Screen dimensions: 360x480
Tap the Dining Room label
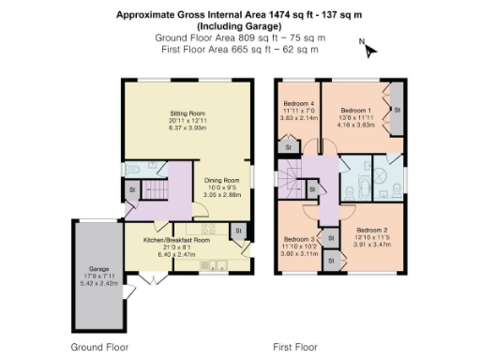tap(223, 180)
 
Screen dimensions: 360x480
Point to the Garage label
tap(99, 266)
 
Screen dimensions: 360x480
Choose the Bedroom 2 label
tap(372, 230)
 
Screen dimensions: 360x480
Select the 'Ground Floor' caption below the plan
tap(99, 347)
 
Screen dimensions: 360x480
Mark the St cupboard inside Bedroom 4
tap(287, 147)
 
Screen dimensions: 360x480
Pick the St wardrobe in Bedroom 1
tap(397, 110)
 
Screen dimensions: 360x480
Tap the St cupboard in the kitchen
tap(237, 231)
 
